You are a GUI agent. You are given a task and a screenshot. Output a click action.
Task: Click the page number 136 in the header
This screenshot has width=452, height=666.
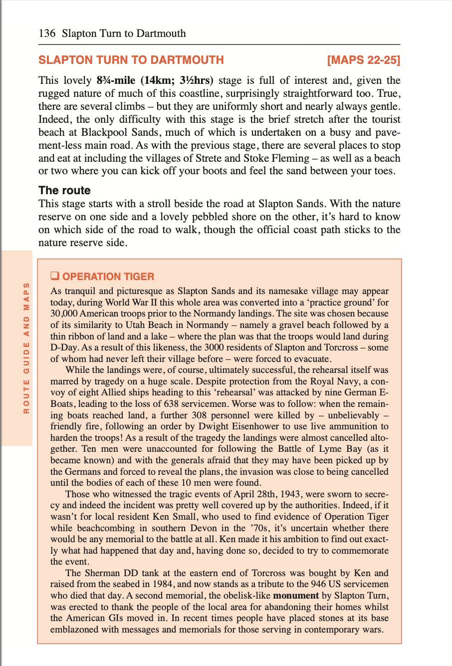(x=47, y=33)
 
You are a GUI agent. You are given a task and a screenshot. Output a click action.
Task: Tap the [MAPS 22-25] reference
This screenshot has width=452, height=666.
(x=363, y=60)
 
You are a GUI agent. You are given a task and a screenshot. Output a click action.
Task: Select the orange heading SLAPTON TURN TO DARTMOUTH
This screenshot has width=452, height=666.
(x=131, y=60)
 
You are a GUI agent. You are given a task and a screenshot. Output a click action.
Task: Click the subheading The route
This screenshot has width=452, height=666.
(x=64, y=190)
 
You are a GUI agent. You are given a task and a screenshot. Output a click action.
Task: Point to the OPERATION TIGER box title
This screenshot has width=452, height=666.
(x=108, y=276)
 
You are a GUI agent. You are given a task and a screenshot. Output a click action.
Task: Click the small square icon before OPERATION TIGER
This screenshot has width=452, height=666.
(x=55, y=276)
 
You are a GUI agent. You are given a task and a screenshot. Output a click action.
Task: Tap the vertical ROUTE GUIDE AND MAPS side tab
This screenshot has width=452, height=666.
(x=26, y=347)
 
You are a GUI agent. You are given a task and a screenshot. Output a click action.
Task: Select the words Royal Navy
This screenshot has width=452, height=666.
(x=330, y=381)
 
